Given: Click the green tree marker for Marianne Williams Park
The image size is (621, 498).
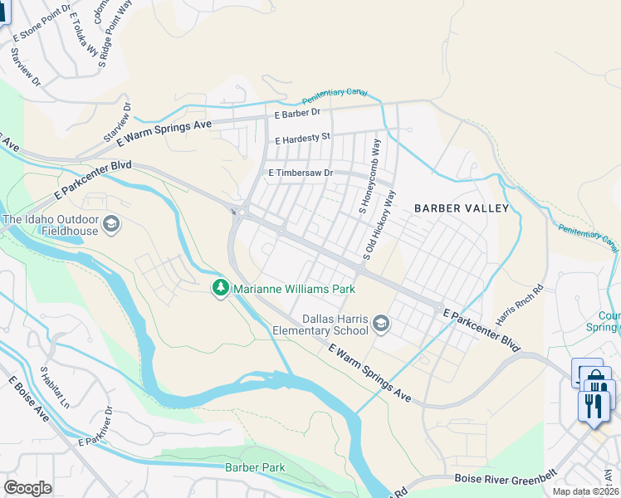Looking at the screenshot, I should (220, 288).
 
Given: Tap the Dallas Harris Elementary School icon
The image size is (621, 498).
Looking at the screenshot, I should (381, 324).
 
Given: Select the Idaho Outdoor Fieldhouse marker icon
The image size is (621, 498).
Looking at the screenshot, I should (111, 224).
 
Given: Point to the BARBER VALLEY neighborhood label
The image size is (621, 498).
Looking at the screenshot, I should (461, 208).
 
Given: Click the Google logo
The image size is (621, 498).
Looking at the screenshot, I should (28, 487).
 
